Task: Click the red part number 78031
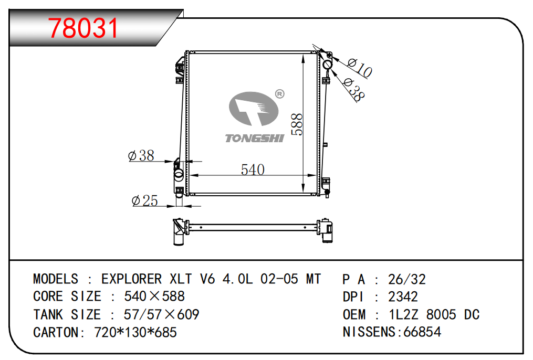coord(83,28)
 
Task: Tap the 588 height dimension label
coord(297,125)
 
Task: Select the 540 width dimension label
coord(253,170)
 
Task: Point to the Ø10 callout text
coord(360,68)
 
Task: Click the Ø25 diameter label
coord(145,200)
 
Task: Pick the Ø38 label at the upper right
coord(354,89)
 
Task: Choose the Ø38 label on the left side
coord(141,155)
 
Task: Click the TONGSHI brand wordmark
coord(255,138)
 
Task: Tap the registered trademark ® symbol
coord(279,94)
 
